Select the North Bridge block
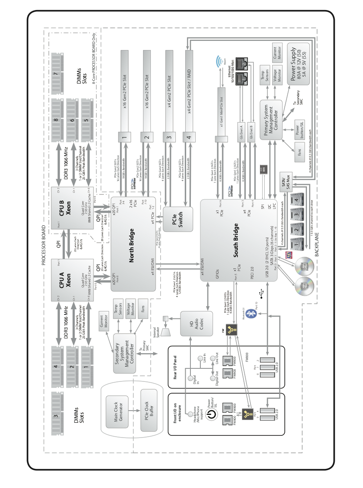(133, 244)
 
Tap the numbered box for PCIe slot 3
(168, 137)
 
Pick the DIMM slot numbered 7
(56, 74)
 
